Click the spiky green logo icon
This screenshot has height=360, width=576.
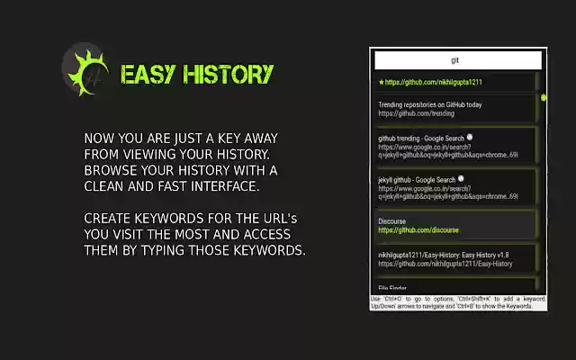(86, 72)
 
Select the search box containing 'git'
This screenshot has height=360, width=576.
(458, 60)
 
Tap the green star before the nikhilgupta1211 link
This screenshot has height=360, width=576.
(382, 82)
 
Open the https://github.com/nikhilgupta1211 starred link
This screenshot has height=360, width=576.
(434, 82)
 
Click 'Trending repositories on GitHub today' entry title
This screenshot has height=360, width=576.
(429, 105)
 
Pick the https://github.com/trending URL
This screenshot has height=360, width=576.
(416, 114)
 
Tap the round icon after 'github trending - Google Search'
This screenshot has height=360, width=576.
(471, 137)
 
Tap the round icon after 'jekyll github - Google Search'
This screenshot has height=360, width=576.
(465, 178)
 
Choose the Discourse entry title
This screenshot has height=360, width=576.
(392, 220)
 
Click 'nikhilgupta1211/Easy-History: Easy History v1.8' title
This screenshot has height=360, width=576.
(445, 255)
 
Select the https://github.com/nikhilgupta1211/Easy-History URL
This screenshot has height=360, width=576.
(445, 264)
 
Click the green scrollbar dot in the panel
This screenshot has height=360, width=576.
(544, 97)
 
